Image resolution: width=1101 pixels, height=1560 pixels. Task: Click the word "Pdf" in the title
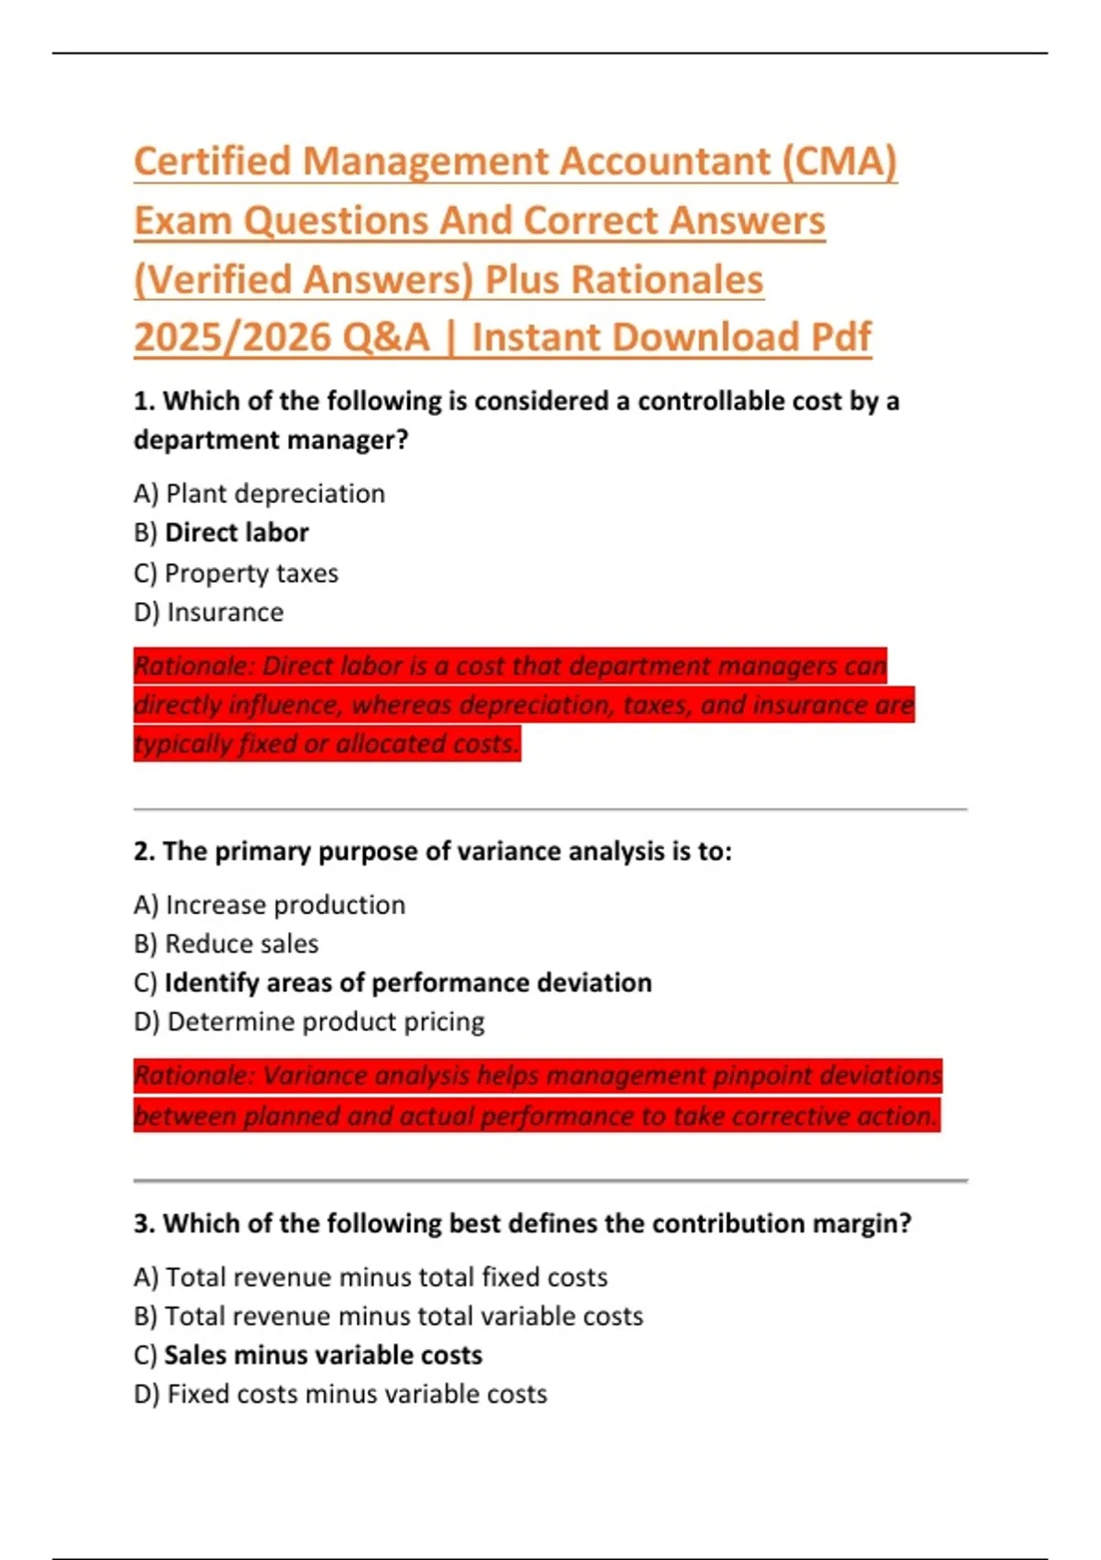click(840, 338)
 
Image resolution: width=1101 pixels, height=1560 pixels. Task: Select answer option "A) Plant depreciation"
click(259, 494)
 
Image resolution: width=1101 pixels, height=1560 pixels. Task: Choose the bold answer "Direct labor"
click(237, 533)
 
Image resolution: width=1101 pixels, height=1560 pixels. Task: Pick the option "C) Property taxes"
click(236, 574)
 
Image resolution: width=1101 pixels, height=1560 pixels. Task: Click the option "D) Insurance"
click(208, 612)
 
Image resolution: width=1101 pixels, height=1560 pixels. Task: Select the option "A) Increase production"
click(269, 905)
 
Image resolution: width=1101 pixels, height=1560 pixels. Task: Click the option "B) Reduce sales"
click(226, 944)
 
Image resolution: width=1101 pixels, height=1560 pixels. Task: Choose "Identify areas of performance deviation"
click(407, 983)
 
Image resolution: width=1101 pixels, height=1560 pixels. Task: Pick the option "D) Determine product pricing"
click(308, 1022)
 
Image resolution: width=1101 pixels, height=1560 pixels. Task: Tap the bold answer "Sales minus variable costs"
click(323, 1355)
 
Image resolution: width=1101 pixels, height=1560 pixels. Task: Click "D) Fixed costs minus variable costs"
click(339, 1395)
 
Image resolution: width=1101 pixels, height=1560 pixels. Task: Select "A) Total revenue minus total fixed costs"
click(370, 1277)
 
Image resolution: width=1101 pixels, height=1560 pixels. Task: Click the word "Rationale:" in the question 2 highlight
click(192, 1075)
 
